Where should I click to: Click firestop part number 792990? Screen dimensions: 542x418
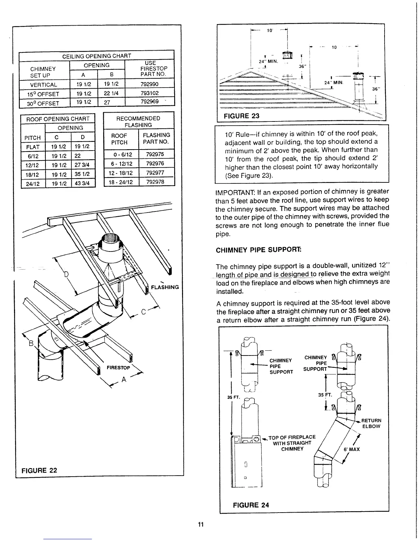[x=150, y=84]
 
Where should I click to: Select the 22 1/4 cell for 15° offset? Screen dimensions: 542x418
[x=111, y=93]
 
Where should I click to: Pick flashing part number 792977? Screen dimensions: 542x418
[x=155, y=173]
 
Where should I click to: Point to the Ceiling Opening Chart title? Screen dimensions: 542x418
[x=97, y=56]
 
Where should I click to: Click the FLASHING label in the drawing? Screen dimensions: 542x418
[x=165, y=287]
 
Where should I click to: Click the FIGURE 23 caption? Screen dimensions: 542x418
[x=241, y=116]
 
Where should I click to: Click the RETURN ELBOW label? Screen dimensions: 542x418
[x=371, y=423]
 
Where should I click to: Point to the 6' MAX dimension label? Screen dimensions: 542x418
[x=351, y=449]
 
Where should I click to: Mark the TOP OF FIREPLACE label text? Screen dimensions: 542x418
[x=292, y=437]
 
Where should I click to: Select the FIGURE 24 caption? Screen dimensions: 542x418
[x=251, y=505]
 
